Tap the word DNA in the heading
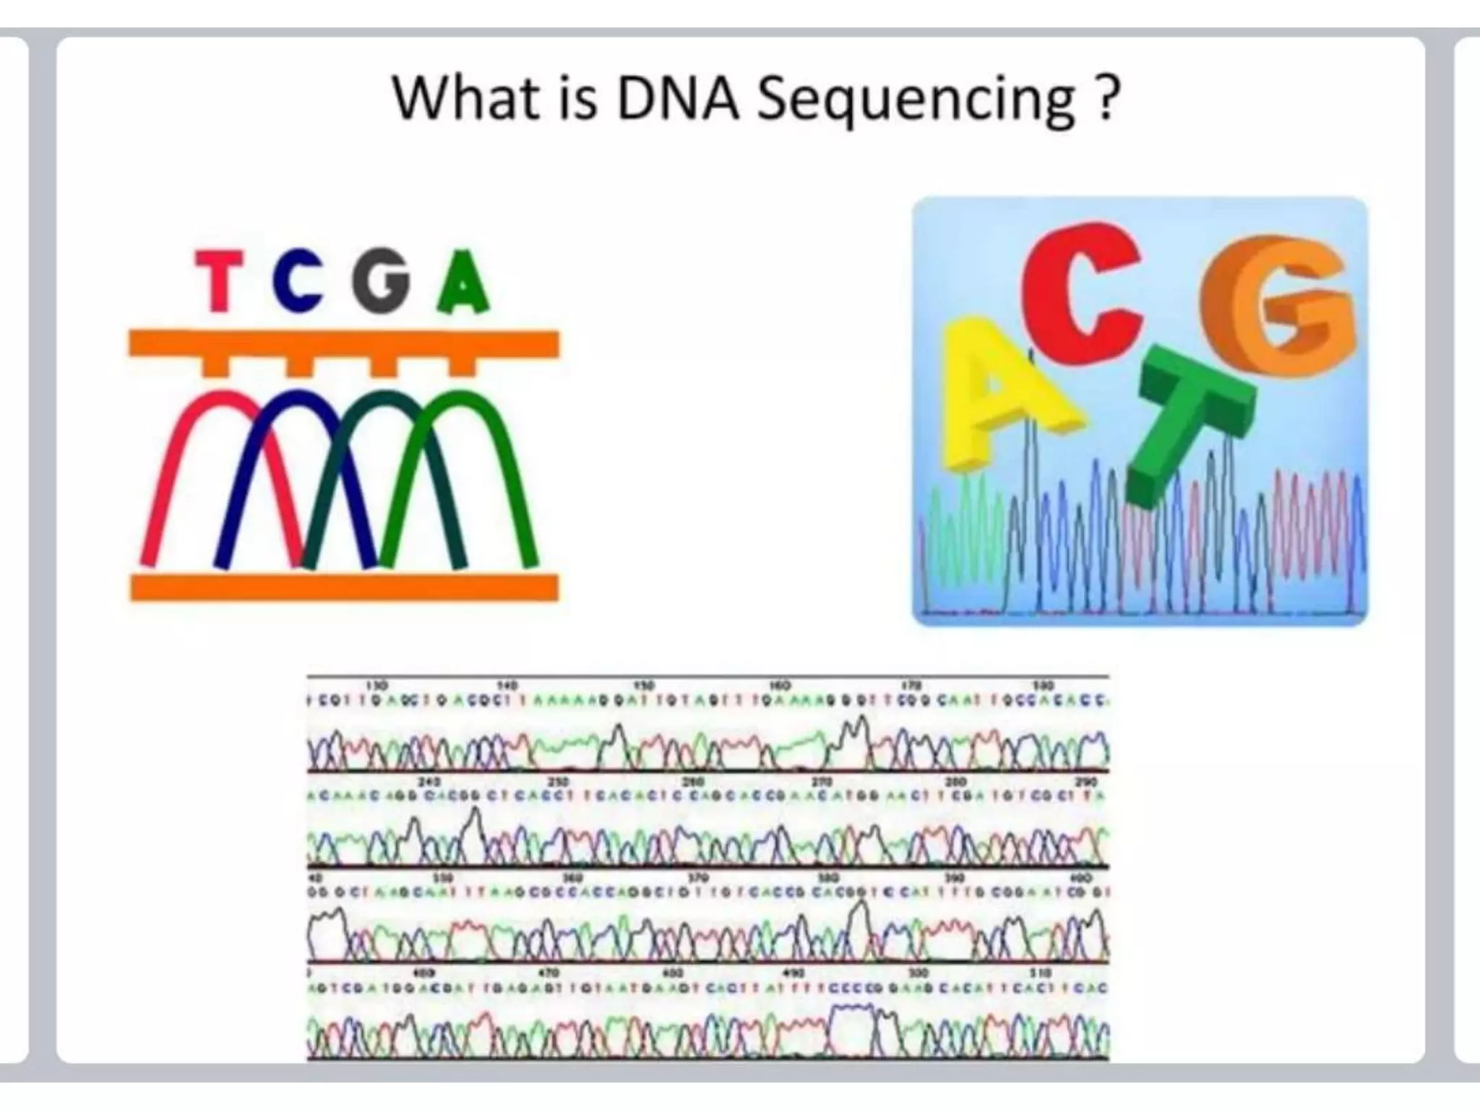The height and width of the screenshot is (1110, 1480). [676, 99]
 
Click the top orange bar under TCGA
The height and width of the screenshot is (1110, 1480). [344, 344]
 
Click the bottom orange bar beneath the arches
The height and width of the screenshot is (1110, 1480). [344, 587]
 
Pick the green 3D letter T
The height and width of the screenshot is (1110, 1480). [1185, 419]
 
